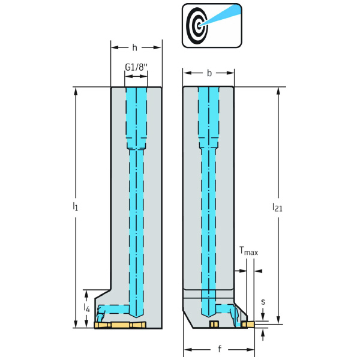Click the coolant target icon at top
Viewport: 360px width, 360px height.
212,25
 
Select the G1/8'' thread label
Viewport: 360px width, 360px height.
136,67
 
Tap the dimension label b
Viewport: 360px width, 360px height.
209,73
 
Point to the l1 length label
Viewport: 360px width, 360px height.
75,207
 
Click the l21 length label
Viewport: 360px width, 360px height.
277,207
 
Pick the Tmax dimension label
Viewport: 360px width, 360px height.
248,252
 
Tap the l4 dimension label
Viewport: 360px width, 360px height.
88,308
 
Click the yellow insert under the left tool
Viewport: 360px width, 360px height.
120,325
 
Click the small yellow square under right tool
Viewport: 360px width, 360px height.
212,325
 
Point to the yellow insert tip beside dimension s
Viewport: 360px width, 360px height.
247,325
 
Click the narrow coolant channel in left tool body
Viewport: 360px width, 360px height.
136,228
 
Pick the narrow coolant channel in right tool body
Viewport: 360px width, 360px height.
209,228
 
